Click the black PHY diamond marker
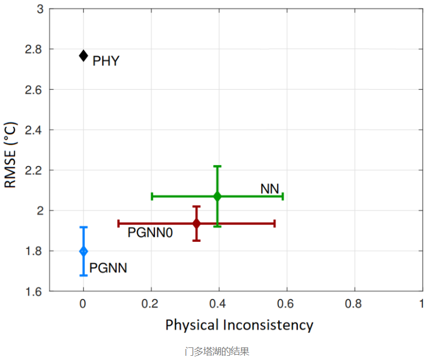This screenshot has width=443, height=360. [x=83, y=55]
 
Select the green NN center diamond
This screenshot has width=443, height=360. [x=217, y=197]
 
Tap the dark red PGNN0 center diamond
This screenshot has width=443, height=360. [x=197, y=223]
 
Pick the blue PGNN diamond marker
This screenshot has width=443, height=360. [x=83, y=251]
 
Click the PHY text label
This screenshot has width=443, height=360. [x=106, y=61]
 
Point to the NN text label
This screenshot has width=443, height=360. [x=270, y=189]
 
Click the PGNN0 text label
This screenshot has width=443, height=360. [x=150, y=232]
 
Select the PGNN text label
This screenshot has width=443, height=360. [x=108, y=268]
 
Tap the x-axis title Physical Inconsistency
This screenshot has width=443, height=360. [x=239, y=325]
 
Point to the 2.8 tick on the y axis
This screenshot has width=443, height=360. [x=34, y=49]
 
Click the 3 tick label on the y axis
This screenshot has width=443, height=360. [x=40, y=9]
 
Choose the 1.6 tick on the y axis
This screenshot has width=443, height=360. [x=34, y=291]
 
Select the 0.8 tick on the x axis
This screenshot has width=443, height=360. [x=354, y=304]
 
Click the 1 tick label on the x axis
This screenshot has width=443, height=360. [x=421, y=304]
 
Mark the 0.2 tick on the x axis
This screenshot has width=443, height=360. [x=151, y=304]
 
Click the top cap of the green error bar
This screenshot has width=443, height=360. [x=217, y=166]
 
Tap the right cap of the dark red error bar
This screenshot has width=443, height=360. [x=275, y=223]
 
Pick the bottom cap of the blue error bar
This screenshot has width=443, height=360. [x=83, y=275]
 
